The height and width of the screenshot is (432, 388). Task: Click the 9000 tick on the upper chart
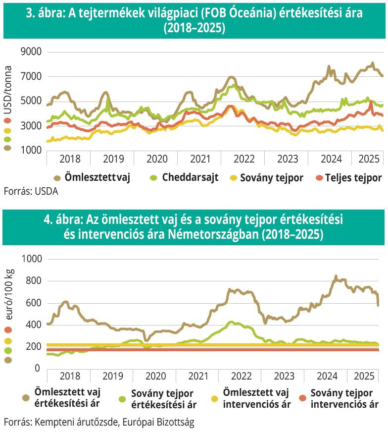30,52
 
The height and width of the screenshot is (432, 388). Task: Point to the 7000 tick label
30,76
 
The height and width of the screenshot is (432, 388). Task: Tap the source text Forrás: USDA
30,192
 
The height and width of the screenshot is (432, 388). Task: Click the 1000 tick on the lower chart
30,259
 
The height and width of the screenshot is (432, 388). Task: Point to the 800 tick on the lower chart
33,281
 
